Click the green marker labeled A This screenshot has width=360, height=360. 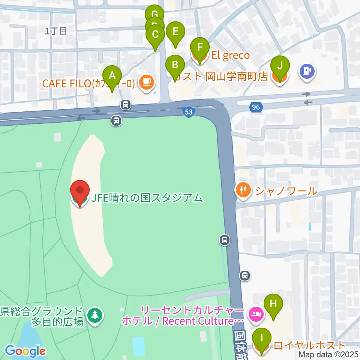pos(112,76)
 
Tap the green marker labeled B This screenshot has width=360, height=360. pos(175,65)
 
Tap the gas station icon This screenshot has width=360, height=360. pos(307,70)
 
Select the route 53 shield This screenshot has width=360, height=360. pos(189,112)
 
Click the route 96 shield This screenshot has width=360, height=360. pos(256,108)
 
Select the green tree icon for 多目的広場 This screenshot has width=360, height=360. pos(94,315)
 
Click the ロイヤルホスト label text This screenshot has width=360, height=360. pos(309,345)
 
